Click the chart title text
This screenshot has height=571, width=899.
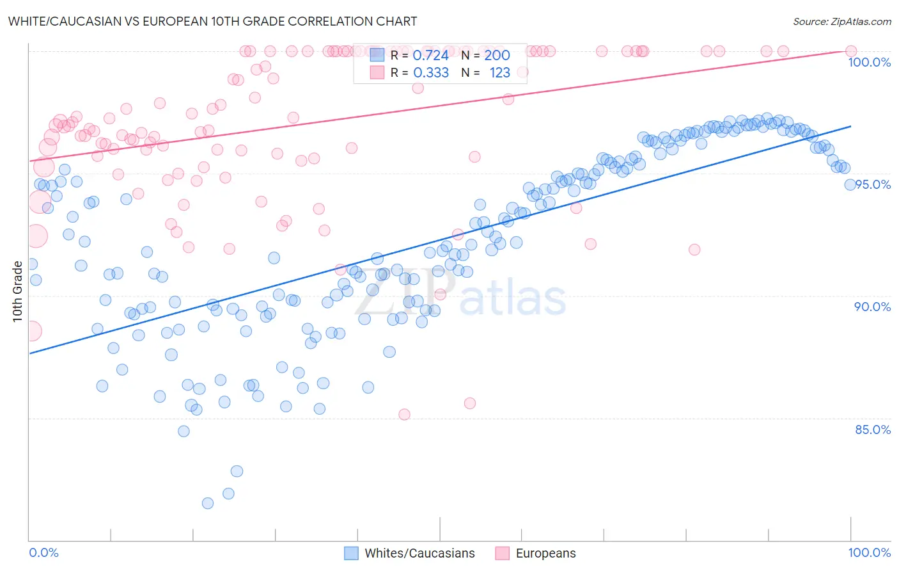(x=212, y=22)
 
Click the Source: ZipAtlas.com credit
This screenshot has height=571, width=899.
(x=841, y=22)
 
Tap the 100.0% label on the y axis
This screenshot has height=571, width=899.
(x=869, y=62)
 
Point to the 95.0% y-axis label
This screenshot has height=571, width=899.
(x=873, y=184)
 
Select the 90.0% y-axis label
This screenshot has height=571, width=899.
(x=872, y=307)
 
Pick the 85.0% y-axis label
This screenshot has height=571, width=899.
(x=872, y=430)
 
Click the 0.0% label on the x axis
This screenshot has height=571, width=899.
(x=43, y=553)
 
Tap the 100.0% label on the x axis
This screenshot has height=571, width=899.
(x=869, y=553)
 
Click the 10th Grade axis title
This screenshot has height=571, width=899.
(x=18, y=291)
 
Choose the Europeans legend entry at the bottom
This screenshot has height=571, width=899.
(x=545, y=554)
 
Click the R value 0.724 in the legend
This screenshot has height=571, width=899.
(x=430, y=56)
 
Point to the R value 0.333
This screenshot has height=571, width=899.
(x=430, y=73)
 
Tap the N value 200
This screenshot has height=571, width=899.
(x=497, y=56)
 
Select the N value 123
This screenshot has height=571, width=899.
(x=499, y=73)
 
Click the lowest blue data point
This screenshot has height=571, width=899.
(x=208, y=503)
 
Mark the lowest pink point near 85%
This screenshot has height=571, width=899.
(x=404, y=414)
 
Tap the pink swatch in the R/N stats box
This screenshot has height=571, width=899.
(x=377, y=73)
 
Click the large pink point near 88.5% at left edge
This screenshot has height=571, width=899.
(x=32, y=331)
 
